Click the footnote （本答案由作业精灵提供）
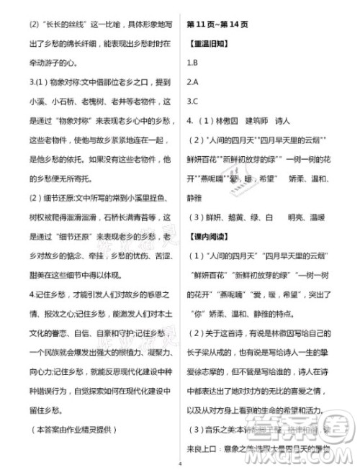coord(72,430)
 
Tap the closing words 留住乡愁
coord(43,410)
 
